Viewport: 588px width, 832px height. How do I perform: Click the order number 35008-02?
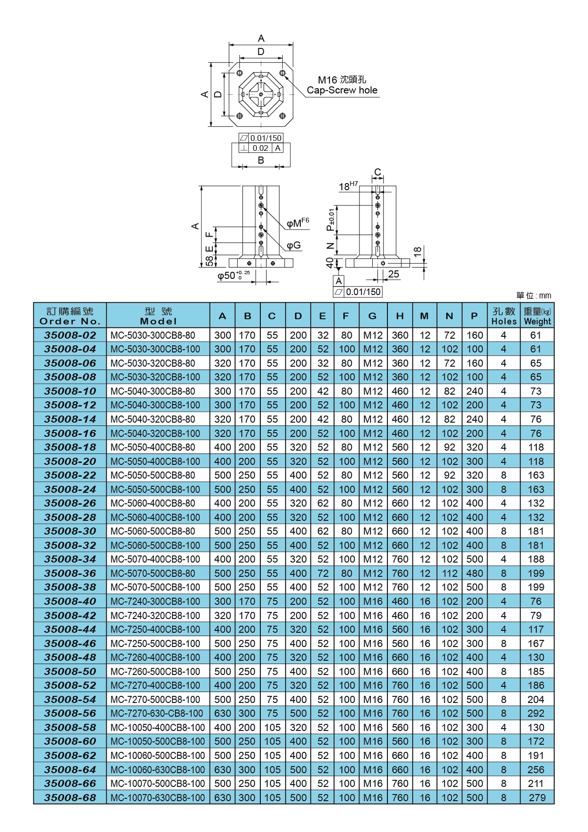click(70, 335)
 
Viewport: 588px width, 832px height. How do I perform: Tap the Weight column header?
click(537, 316)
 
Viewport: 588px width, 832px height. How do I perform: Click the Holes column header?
click(504, 316)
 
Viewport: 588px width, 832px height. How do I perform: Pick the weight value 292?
click(536, 713)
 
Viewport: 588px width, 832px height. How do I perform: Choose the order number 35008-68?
click(70, 798)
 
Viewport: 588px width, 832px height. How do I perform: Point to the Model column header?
click(158, 316)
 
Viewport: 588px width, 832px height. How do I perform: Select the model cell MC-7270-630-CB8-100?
click(156, 713)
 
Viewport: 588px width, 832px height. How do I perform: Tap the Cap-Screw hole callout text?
click(342, 90)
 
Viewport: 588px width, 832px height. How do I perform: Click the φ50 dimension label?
click(232, 276)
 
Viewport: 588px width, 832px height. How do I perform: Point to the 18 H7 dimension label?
click(348, 186)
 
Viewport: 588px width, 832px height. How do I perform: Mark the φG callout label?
click(294, 245)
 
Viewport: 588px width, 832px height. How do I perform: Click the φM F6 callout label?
click(297, 223)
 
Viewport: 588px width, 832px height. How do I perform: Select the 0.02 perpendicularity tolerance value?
click(260, 148)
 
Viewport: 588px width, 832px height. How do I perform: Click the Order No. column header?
click(70, 316)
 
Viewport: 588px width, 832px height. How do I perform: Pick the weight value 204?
click(536, 700)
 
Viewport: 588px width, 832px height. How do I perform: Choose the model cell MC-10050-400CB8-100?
click(157, 728)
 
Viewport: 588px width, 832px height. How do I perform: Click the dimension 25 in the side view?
click(394, 274)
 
